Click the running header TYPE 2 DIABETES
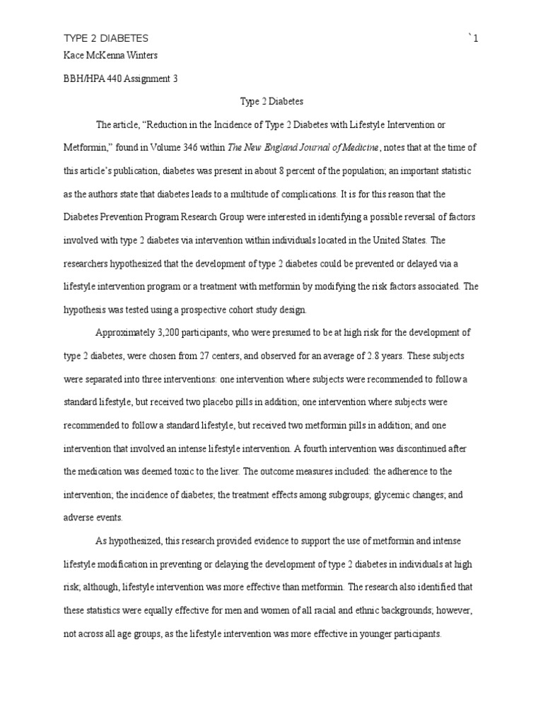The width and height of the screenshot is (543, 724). [x=106, y=39]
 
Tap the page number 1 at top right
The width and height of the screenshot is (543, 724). [x=476, y=39]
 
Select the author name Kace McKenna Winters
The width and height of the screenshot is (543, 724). [x=110, y=56]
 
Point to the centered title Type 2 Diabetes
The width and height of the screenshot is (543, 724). [x=271, y=102]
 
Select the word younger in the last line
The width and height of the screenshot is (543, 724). [x=370, y=634]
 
